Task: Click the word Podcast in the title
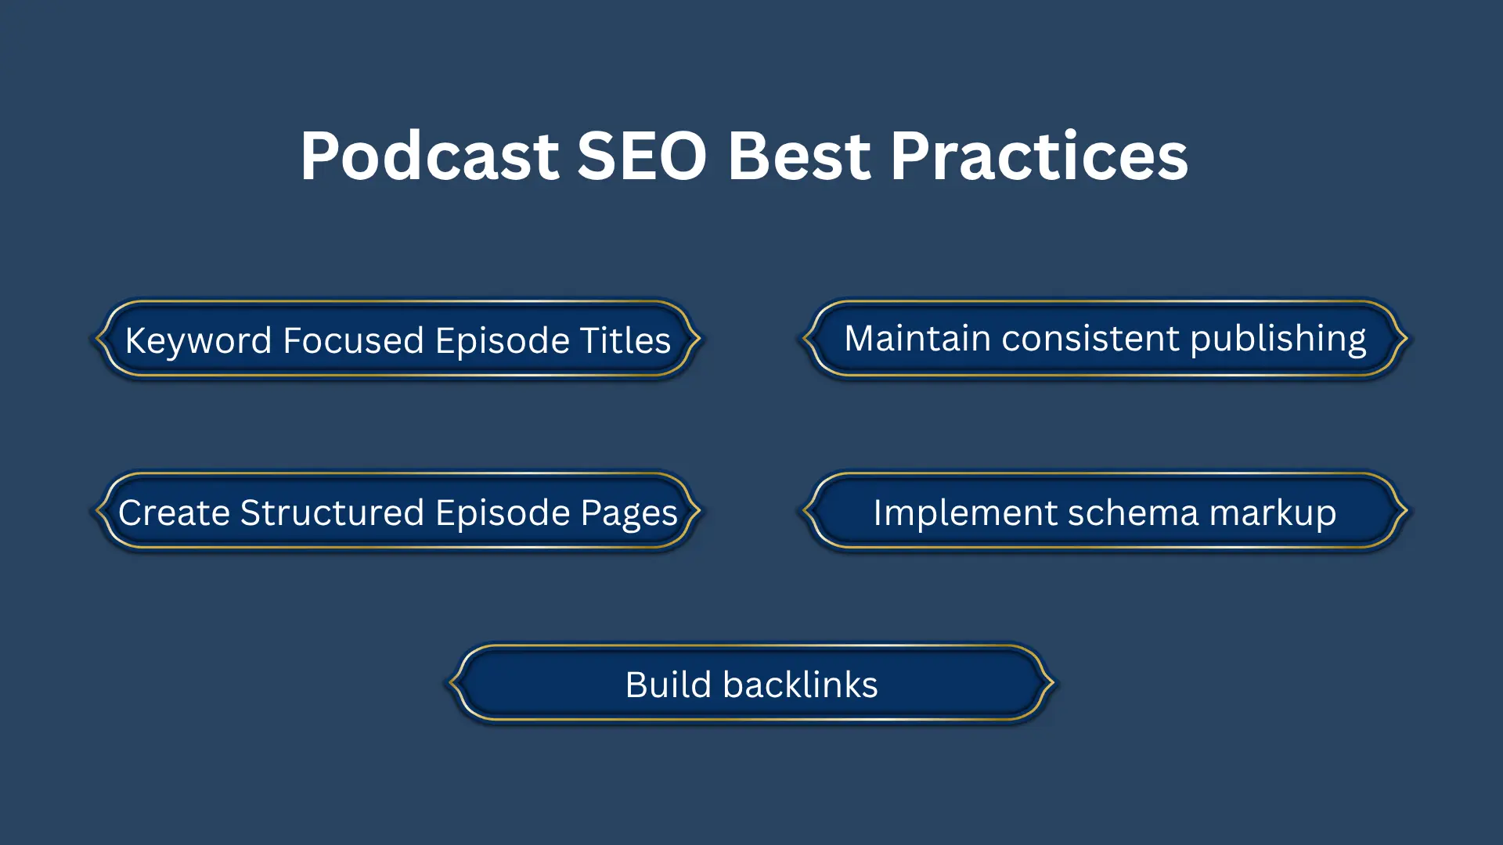point(429,156)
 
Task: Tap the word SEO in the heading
point(642,156)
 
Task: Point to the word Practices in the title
point(1039,156)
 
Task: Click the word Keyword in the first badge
point(198,341)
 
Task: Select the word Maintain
point(917,339)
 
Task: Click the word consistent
point(1090,339)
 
